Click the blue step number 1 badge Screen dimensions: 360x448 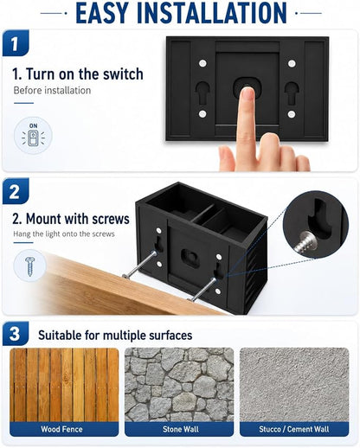(16, 43)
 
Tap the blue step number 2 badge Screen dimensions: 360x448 (16, 191)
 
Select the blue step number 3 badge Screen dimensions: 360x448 (16, 334)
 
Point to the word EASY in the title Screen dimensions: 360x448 (102, 13)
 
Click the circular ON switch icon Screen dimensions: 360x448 (33, 136)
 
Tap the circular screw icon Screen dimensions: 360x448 (29, 266)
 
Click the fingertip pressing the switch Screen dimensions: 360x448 (247, 93)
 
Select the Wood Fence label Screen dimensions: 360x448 (61, 429)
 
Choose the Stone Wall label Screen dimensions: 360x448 (181, 429)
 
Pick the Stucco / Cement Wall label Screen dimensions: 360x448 (294, 429)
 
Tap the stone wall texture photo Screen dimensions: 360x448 (179, 385)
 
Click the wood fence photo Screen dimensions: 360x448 (64, 385)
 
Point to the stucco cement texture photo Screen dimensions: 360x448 (294, 385)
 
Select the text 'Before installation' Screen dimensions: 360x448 (52, 91)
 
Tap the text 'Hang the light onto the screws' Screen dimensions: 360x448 (64, 234)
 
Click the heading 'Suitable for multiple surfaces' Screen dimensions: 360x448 (115, 336)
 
